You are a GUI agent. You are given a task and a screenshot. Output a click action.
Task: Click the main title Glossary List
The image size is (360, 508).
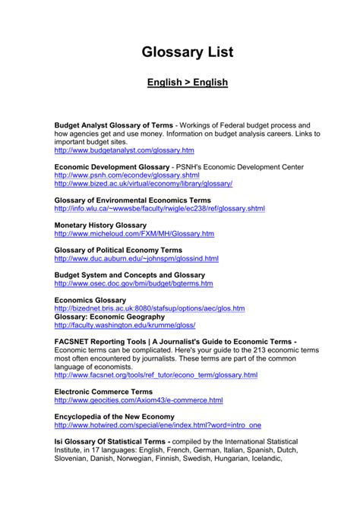tap(187, 52)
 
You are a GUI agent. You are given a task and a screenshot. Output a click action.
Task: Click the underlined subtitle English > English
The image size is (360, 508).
tap(187, 82)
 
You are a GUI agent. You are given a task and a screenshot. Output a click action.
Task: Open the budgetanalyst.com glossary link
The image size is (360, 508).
tap(124, 151)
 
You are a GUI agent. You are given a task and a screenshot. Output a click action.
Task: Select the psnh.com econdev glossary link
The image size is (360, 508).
tap(127, 175)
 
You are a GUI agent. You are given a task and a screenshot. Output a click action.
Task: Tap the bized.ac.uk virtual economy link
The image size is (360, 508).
tap(143, 184)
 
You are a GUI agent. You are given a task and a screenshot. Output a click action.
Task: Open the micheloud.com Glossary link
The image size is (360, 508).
tap(134, 234)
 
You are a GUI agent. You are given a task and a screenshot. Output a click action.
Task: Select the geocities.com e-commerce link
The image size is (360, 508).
tap(138, 400)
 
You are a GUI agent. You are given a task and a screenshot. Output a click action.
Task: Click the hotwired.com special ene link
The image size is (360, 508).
tap(157, 425)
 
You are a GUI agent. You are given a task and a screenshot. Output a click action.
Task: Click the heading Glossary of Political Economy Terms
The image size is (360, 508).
tap(118, 250)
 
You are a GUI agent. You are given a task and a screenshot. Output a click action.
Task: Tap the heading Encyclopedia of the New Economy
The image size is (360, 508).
tap(114, 416)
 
